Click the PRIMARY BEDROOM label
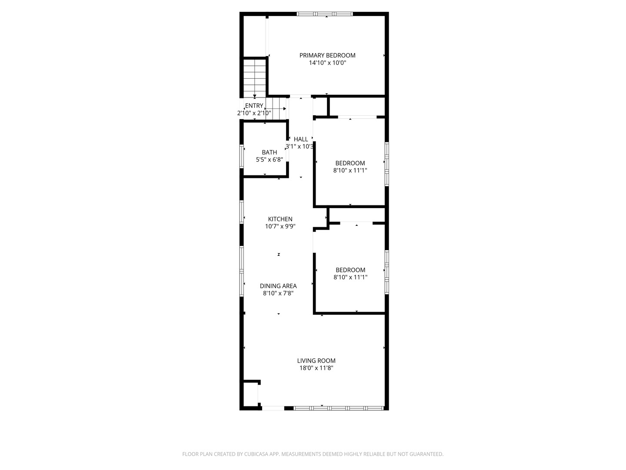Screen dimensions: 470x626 coord(327,55)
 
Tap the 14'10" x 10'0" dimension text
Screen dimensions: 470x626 coord(327,63)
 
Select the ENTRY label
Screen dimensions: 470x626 coord(254,106)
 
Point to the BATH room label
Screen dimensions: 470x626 coord(269,152)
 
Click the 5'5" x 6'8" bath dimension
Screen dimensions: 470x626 coord(269,160)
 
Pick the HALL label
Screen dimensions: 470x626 coord(300,139)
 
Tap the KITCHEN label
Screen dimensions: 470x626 coord(280,219)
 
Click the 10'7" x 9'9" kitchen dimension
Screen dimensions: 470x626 coord(280,226)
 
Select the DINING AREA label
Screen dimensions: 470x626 coord(278,286)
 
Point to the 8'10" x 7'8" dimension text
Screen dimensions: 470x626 coord(278,293)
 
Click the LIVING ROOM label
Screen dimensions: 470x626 coord(316,360)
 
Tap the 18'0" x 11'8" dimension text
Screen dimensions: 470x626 coord(316,368)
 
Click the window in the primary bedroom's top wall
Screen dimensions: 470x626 coord(325,14)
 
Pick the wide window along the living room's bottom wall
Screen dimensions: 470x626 coord(338,408)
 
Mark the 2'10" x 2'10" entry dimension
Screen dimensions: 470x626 coord(254,113)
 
